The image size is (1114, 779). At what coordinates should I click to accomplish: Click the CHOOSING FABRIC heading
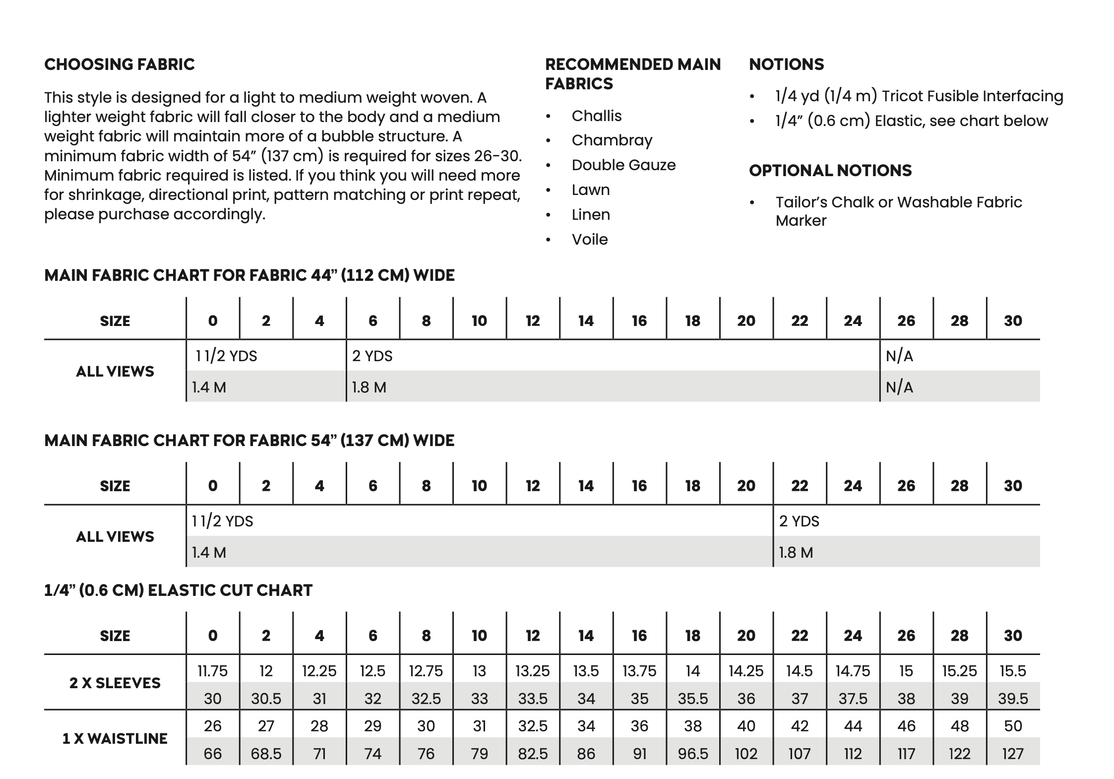(x=120, y=65)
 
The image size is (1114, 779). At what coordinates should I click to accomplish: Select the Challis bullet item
(x=596, y=116)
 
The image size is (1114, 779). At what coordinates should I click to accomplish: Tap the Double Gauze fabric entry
(x=623, y=165)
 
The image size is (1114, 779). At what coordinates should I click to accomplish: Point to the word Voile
(x=590, y=240)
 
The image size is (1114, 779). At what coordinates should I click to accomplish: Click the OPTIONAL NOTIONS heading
(x=830, y=171)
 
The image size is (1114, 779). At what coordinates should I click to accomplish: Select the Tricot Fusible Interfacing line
(x=919, y=96)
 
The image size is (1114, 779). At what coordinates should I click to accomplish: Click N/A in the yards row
(x=899, y=356)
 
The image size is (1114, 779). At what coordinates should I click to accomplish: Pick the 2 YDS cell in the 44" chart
(x=372, y=356)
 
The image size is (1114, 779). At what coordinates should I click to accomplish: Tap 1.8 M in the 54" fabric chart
(x=796, y=552)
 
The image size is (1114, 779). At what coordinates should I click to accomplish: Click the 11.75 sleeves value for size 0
(x=212, y=671)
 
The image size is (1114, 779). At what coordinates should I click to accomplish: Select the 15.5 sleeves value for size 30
(x=1012, y=671)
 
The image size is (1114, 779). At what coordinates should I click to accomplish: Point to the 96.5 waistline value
(x=692, y=754)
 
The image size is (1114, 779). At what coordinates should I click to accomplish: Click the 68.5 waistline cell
(x=266, y=754)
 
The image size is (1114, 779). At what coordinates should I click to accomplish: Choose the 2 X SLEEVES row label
(x=115, y=683)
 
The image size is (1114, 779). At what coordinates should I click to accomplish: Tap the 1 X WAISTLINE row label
(x=115, y=739)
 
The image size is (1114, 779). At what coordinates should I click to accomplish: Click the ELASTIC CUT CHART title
(x=179, y=590)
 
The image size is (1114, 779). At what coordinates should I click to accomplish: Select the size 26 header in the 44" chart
(x=906, y=321)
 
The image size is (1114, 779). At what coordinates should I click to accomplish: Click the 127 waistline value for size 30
(x=1012, y=754)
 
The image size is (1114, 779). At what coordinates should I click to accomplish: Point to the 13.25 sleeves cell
(x=532, y=671)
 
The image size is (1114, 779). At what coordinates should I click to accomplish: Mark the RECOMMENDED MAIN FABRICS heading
(x=632, y=74)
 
